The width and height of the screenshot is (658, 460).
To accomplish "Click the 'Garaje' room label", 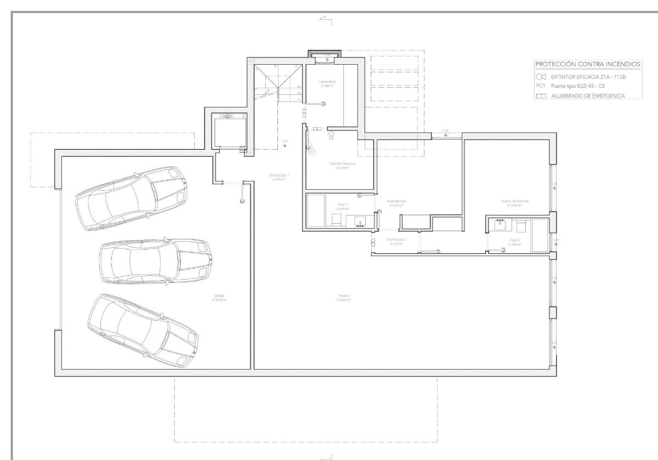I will [219, 298].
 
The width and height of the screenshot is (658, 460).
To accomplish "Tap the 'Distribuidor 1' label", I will [279, 177].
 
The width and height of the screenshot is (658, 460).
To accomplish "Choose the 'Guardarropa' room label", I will [396, 202].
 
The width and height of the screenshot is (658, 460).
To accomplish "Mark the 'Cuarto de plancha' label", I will [514, 202].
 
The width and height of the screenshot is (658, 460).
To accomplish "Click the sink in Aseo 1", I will [360, 222].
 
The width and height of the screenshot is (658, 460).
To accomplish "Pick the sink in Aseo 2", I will [500, 224].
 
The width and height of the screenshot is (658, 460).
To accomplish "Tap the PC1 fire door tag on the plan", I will [313, 152].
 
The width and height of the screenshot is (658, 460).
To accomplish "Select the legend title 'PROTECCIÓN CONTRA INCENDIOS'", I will [587, 65].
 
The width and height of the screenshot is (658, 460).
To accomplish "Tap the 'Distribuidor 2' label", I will [396, 241].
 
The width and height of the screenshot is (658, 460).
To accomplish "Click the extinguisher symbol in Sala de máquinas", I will [331, 133].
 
